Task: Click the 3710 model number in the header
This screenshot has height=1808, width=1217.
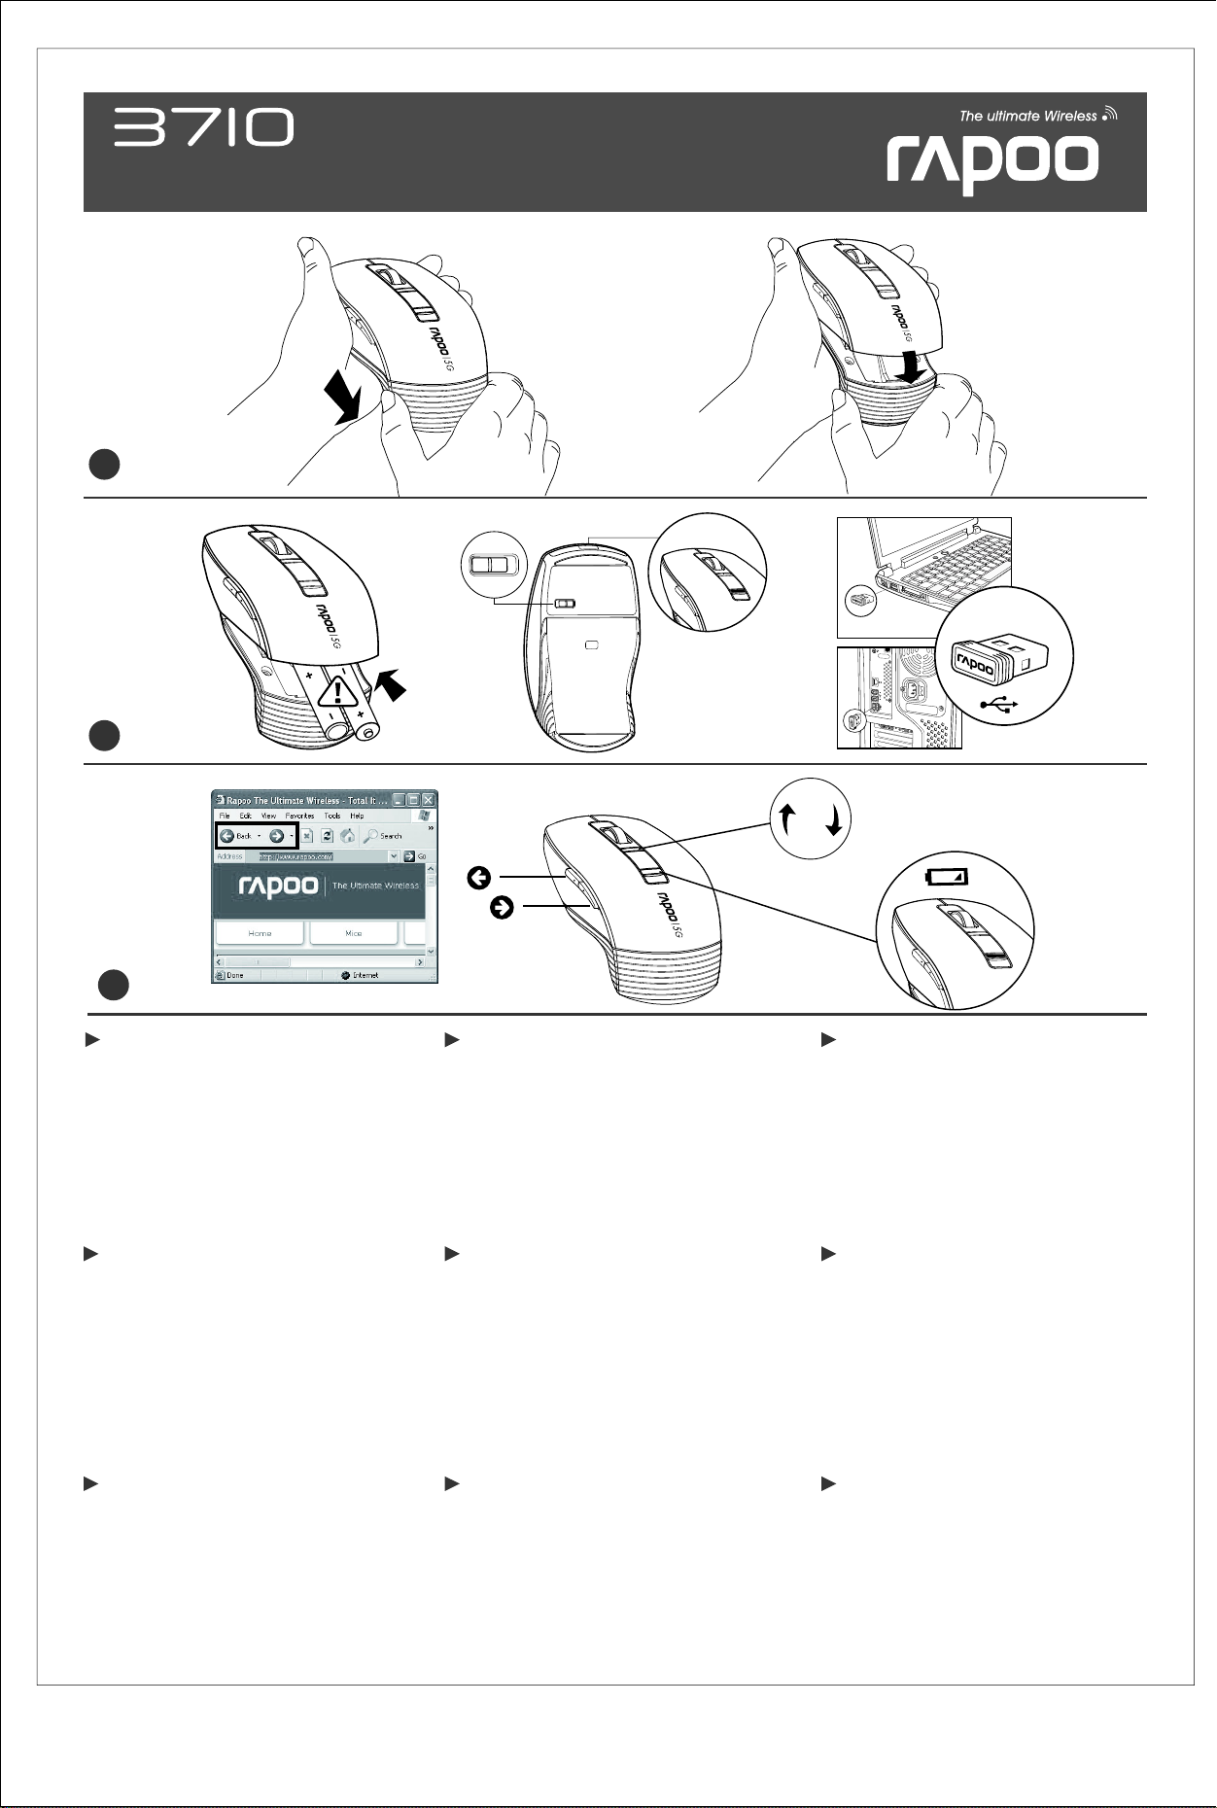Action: coord(204,127)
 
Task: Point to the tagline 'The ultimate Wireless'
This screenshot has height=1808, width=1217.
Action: coord(1028,116)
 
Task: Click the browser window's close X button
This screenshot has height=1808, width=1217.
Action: coord(428,800)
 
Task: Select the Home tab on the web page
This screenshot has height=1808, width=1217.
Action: coord(260,933)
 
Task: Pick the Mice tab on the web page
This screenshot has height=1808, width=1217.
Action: coord(353,933)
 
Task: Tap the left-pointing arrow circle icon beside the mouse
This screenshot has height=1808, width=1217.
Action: coord(478,879)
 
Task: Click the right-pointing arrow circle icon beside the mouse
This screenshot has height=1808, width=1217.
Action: coord(503,908)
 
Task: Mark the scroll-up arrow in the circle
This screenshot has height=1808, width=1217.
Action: coord(789,821)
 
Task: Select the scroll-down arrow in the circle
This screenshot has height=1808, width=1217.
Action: coord(834,823)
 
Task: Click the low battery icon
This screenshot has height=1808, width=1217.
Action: coord(946,877)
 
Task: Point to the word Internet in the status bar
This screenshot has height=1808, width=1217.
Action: coord(365,975)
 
